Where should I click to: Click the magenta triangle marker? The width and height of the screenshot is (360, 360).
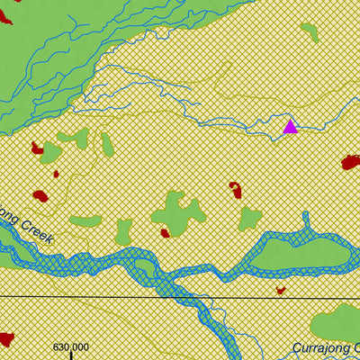tap(290, 126)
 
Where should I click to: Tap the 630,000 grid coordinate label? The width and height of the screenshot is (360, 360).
tap(71, 346)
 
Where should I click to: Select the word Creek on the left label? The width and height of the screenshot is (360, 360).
tap(38, 233)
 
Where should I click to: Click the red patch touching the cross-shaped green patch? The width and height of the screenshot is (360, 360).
tap(165, 233)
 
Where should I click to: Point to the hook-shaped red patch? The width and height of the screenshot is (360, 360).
tap(236, 189)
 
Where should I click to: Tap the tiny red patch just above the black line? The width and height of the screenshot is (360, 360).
tap(281, 290)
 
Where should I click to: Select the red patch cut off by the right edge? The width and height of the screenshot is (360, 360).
tap(351, 162)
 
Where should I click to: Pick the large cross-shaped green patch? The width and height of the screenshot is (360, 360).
tap(177, 213)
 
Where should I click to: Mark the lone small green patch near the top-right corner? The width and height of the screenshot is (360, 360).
tap(310, 32)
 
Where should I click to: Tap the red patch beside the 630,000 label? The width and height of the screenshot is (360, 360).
tap(6, 339)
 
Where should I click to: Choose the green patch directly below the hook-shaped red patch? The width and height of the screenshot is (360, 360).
tap(249, 219)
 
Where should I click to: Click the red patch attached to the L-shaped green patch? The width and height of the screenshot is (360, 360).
tap(37, 148)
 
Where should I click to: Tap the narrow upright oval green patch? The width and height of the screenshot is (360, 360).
tap(107, 144)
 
